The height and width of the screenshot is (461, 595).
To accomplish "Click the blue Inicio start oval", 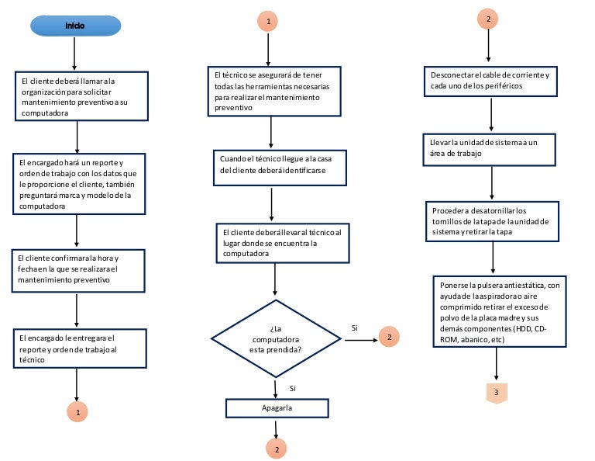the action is [x=75, y=26].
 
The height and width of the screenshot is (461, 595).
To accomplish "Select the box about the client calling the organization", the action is [x=81, y=96].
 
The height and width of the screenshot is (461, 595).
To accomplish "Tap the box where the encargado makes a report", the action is [x=79, y=184].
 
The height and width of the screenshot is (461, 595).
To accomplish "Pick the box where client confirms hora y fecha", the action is [x=78, y=271].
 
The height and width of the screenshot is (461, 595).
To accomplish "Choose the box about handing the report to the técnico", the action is [x=80, y=348].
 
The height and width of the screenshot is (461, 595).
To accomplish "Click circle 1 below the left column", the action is [x=77, y=412].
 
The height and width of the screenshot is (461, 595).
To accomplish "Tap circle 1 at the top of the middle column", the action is [x=268, y=21].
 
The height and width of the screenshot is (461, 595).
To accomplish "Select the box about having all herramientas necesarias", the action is [x=274, y=92].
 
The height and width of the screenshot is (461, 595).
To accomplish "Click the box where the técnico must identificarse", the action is [x=280, y=168].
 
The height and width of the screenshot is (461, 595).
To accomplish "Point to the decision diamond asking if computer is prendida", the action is [x=277, y=338].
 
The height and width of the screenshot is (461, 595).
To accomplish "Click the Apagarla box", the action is [x=277, y=408].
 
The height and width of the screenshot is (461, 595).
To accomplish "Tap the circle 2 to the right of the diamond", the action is [x=389, y=337].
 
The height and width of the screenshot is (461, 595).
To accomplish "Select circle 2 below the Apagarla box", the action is [x=277, y=449].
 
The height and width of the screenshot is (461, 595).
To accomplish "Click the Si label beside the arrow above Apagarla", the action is [x=293, y=388].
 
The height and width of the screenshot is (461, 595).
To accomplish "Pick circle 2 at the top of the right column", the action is [x=488, y=19].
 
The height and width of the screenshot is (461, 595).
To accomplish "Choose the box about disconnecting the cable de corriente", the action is [x=490, y=81].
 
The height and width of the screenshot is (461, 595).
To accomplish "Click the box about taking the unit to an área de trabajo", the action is [x=490, y=149].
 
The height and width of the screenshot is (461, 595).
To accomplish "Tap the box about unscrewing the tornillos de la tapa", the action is [x=493, y=221].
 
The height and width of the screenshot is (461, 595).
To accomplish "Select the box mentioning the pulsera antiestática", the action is [x=500, y=312].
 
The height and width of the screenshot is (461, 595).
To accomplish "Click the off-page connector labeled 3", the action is [x=497, y=393].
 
